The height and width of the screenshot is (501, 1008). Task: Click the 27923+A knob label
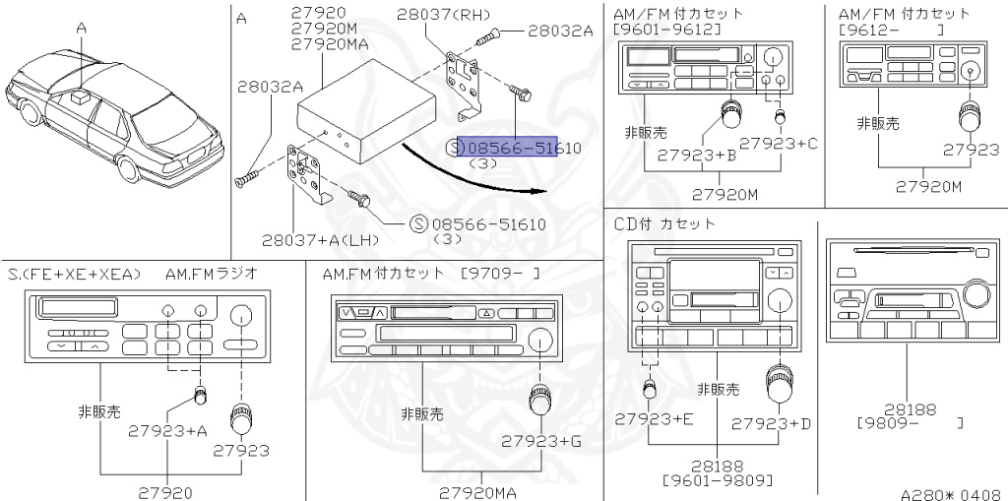tap(167, 429)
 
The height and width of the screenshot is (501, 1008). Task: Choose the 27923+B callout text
tap(697, 155)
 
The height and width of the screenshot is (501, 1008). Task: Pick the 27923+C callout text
tap(779, 144)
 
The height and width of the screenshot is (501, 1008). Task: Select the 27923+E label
tap(655, 419)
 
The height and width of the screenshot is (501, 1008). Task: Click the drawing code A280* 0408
tap(952, 491)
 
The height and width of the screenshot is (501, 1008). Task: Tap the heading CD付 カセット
tap(665, 223)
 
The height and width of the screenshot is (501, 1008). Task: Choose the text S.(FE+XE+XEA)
tap(75, 273)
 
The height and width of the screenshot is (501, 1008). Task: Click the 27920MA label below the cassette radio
tap(479, 491)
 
